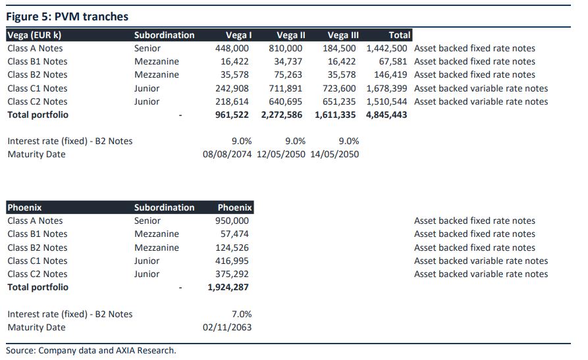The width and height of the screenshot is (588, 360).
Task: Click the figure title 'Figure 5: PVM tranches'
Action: click(67, 16)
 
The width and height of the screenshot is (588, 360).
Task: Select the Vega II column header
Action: click(290, 36)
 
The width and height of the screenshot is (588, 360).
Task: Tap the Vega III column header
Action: click(343, 36)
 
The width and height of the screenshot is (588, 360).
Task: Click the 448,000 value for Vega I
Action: click(232, 49)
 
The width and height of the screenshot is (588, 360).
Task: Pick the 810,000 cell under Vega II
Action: click(285, 49)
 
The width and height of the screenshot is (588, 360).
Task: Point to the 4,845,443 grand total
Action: click(387, 115)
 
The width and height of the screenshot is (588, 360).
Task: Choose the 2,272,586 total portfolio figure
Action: click(282, 115)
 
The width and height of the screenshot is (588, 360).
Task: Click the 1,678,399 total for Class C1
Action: click(387, 88)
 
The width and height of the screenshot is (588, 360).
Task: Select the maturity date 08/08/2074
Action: click(227, 154)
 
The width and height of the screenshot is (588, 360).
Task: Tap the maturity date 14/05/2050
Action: click(334, 154)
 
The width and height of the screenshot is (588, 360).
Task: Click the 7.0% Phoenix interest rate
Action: click(242, 314)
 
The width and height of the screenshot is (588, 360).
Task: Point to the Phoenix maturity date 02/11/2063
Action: click(227, 327)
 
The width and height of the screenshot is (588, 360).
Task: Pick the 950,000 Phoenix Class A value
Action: click(232, 221)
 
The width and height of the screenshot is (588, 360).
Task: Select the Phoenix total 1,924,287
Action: click(228, 287)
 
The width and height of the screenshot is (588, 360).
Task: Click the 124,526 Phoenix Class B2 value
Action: click(232, 248)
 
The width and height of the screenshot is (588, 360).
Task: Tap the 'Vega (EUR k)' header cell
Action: click(34, 36)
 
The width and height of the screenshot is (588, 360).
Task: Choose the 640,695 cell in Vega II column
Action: click(285, 101)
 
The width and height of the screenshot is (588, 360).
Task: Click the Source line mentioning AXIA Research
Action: click(91, 351)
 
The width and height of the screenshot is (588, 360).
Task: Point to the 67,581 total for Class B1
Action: click(392, 61)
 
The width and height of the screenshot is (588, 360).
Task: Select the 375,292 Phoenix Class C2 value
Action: click(232, 274)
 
